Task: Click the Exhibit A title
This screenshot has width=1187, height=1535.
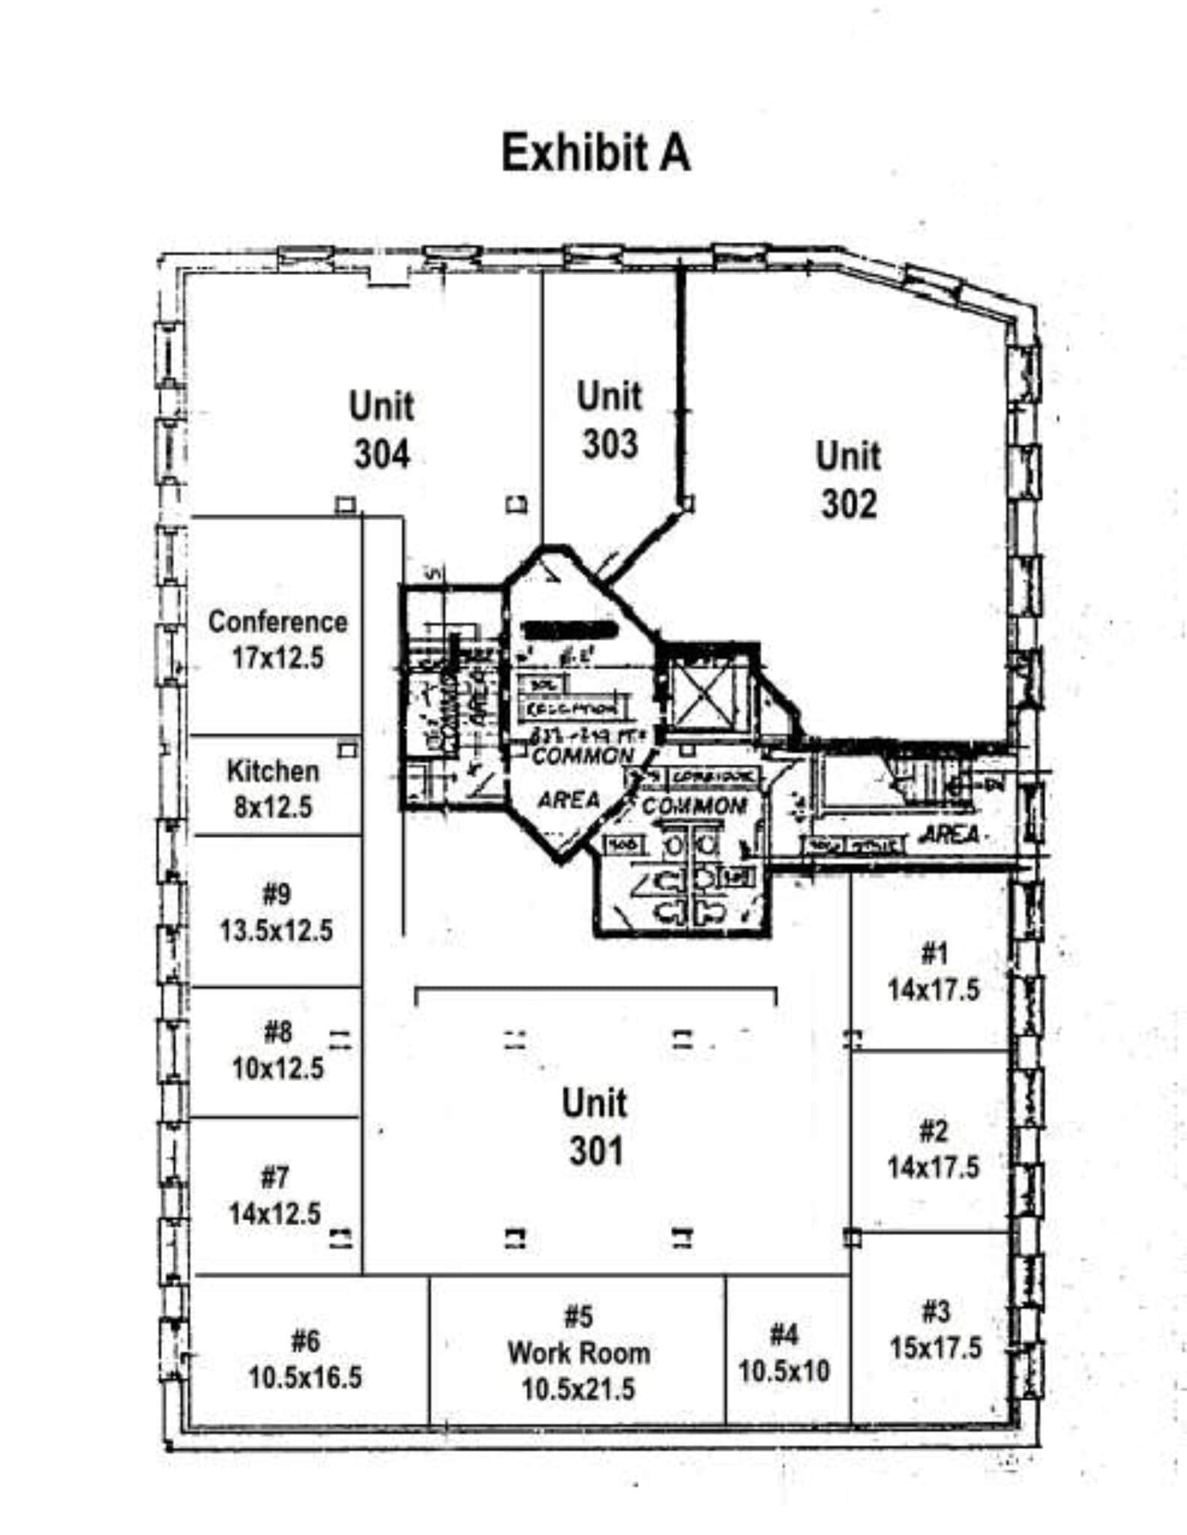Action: click(x=595, y=153)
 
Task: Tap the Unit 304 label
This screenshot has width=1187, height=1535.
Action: click(x=382, y=430)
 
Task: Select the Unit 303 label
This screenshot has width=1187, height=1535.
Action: click(x=610, y=420)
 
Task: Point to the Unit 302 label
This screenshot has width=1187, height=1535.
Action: click(x=848, y=480)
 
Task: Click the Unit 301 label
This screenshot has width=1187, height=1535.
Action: click(x=595, y=1127)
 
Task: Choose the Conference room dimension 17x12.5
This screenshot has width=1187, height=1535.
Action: click(x=277, y=658)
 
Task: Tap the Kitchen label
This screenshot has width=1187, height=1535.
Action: click(x=273, y=770)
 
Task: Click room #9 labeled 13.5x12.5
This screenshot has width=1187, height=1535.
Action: click(x=276, y=912)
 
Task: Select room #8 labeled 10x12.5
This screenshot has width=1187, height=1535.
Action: click(x=277, y=1051)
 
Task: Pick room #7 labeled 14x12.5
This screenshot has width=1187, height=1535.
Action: click(x=274, y=1195)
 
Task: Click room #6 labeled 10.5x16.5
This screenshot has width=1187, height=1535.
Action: click(x=305, y=1359)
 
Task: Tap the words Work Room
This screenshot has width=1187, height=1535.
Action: click(x=579, y=1353)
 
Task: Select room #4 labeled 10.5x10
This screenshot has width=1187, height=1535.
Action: click(x=784, y=1353)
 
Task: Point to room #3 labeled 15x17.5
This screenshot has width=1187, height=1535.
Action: click(x=935, y=1330)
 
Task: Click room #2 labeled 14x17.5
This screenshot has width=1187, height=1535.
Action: click(x=934, y=1149)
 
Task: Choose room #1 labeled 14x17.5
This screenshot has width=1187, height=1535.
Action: click(x=934, y=972)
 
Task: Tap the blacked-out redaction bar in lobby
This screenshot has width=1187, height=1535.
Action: click(x=568, y=630)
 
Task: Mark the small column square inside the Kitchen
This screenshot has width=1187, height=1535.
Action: click(x=347, y=749)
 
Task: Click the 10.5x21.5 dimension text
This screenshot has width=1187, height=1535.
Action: click(x=578, y=1389)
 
